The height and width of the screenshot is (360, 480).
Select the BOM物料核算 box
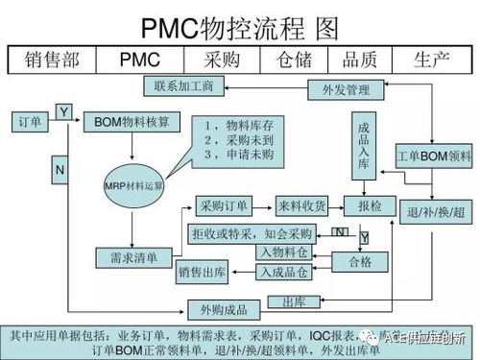point(132,123)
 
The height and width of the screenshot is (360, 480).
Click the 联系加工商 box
point(183,87)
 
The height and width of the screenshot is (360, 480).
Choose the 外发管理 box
point(339,91)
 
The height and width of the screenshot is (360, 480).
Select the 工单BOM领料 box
point(434,156)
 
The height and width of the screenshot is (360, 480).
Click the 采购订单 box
point(225,206)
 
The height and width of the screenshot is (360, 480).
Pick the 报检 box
point(370,206)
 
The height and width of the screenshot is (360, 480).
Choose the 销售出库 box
point(203,273)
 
